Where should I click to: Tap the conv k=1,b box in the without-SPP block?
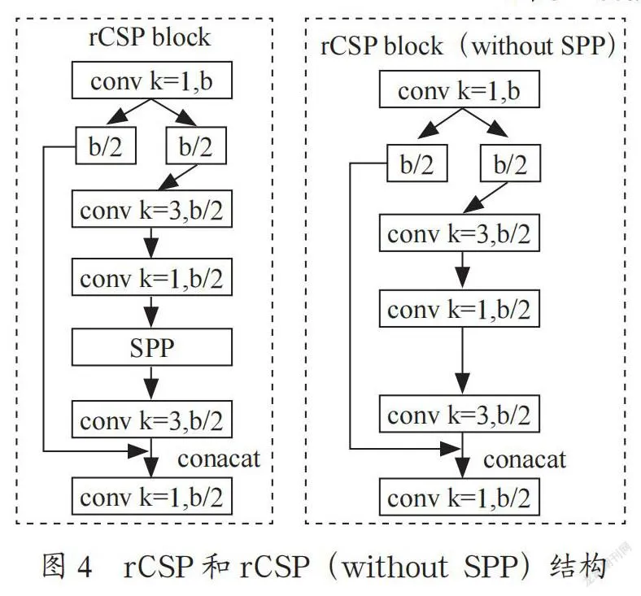[461, 91]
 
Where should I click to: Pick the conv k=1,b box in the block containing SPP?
[152, 80]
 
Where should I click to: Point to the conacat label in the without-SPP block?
[525, 459]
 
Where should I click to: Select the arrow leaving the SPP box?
[152, 381]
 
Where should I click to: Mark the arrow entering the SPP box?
[152, 313]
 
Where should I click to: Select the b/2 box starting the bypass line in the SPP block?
[106, 146]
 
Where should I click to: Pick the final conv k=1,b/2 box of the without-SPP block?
[461, 496]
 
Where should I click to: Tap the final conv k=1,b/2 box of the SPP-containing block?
[152, 494]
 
